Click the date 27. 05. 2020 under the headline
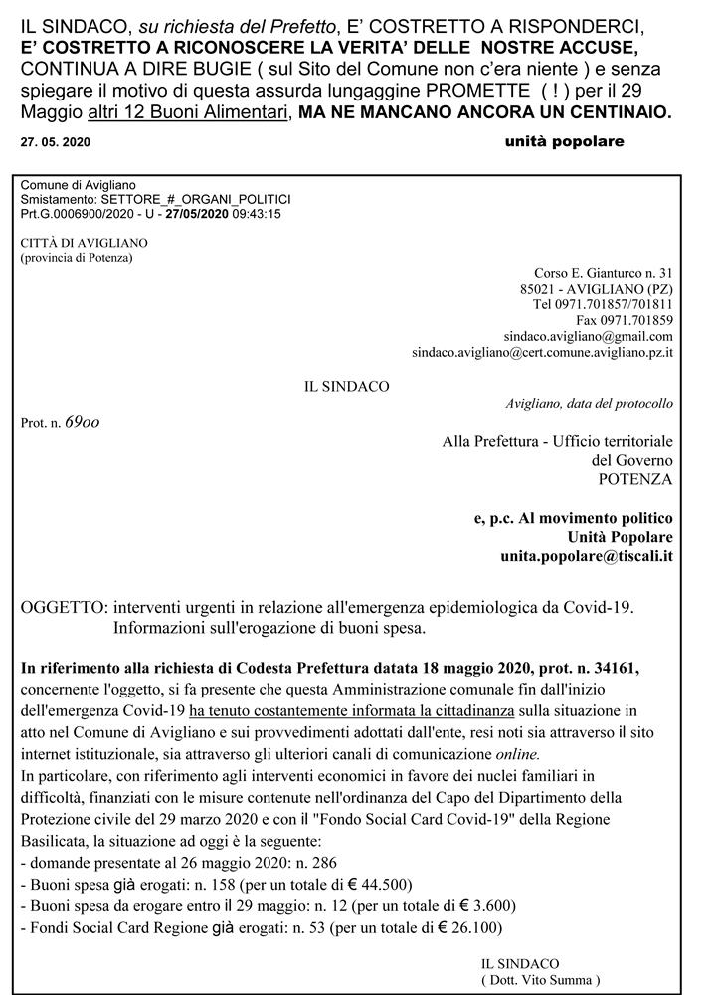coord(55,142)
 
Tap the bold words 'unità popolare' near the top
coord(564,141)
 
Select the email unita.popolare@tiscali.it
coord(586,555)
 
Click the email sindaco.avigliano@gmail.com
coord(589,336)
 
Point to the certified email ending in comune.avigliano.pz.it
coord(542,352)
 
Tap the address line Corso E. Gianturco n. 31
coord(604,272)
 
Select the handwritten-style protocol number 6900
coord(82,422)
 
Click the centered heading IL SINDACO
coord(347,386)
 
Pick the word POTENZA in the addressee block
coord(635,478)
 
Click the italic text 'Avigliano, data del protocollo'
coord(589,403)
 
